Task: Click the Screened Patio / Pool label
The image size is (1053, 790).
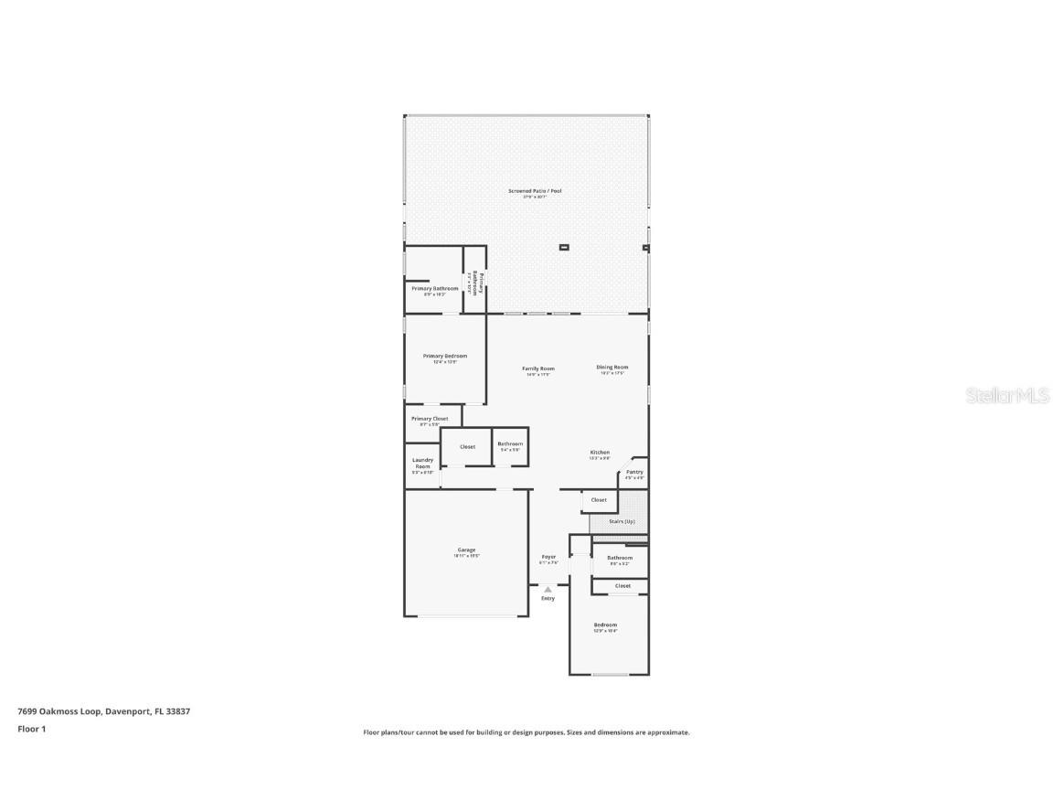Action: pyautogui.click(x=535, y=191)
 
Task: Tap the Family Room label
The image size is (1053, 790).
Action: pyautogui.click(x=538, y=368)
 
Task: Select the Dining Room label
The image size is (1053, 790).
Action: pyautogui.click(x=612, y=368)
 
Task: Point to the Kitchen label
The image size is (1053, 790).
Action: pyautogui.click(x=600, y=453)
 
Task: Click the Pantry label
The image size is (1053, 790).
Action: pyautogui.click(x=634, y=473)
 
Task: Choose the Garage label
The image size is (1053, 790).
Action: pyautogui.click(x=466, y=550)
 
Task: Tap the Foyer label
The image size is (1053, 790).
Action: pyautogui.click(x=548, y=557)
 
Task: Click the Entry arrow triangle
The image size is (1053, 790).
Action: pyautogui.click(x=548, y=590)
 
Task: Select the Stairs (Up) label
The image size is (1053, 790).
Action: pyautogui.click(x=622, y=521)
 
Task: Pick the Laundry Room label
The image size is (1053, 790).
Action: pyautogui.click(x=422, y=464)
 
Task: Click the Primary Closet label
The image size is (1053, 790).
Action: pyautogui.click(x=430, y=419)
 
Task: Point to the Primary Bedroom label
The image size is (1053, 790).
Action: pyautogui.click(x=445, y=356)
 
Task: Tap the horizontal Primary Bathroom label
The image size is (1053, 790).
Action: pyautogui.click(x=435, y=289)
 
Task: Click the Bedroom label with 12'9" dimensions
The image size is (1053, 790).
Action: pyautogui.click(x=605, y=625)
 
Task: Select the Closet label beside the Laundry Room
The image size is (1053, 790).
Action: pyautogui.click(x=467, y=447)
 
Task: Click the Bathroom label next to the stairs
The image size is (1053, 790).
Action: pyautogui.click(x=620, y=558)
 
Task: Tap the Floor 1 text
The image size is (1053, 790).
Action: pyautogui.click(x=32, y=729)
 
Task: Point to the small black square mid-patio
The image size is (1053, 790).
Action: pyautogui.click(x=564, y=247)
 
